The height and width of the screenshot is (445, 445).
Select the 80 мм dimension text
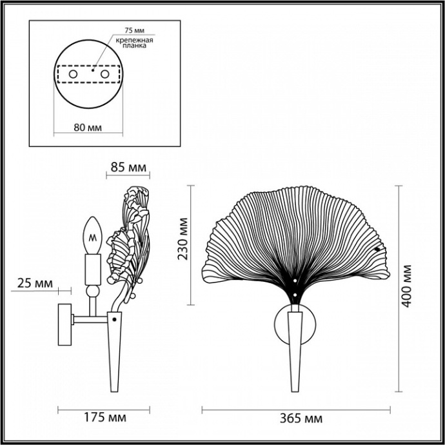coord(88,127)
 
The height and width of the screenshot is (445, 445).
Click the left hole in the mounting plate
coord(73,75)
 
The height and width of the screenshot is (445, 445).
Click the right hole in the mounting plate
coord(104,75)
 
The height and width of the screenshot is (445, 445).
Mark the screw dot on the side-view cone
coord(115,319)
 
